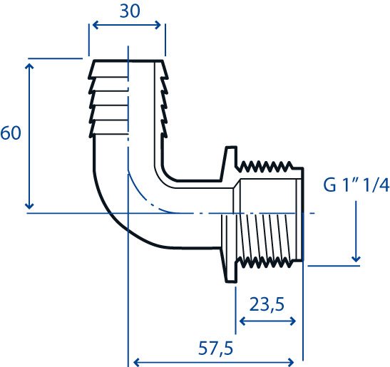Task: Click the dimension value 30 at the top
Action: tap(130, 11)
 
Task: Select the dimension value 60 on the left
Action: tap(11, 133)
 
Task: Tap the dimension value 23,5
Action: tap(267, 305)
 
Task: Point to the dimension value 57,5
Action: tap(215, 348)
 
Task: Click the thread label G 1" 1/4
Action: tap(356, 185)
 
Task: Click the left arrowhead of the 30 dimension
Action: tap(96, 25)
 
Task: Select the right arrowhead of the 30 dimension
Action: tap(158, 25)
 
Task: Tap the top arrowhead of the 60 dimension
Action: tap(29, 66)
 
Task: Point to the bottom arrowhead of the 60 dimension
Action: tap(29, 206)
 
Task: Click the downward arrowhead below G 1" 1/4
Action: tap(356, 259)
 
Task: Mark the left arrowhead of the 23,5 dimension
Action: tap(242, 321)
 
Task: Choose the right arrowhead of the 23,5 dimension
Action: tap(292, 321)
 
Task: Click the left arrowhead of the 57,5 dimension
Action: tap(137, 362)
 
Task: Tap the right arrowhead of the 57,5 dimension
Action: tap(292, 362)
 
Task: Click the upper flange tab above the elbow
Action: tap(230, 163)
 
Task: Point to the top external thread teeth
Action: tap(265, 167)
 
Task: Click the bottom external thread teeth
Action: tap(265, 263)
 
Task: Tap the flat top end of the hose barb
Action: tap(128, 61)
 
